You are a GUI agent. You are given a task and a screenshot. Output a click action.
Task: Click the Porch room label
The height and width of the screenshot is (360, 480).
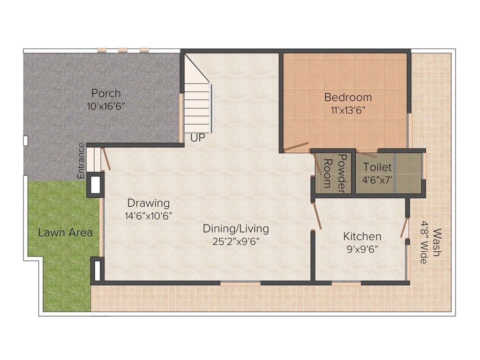[106, 93]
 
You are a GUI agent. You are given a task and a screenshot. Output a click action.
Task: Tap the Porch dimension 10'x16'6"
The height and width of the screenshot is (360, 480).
[106, 106]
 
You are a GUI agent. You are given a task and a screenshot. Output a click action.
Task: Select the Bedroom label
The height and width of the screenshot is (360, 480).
[348, 97]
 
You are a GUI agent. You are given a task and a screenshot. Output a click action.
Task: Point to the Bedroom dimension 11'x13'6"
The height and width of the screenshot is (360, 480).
[348, 111]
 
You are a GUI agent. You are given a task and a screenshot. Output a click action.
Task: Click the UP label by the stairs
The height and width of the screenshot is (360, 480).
[197, 138]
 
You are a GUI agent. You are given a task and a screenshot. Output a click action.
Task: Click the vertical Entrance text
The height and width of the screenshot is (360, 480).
[81, 160]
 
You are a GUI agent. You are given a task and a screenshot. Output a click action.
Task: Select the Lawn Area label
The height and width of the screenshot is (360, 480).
[65, 232]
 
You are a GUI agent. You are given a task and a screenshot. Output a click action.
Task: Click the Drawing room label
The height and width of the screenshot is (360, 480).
[149, 203]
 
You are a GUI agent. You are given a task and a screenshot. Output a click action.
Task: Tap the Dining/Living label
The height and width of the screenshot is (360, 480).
[236, 228]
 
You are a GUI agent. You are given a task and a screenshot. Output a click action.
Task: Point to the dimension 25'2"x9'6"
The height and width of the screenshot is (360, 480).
[236, 241]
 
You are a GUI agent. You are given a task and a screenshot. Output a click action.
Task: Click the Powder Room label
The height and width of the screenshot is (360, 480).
[336, 173]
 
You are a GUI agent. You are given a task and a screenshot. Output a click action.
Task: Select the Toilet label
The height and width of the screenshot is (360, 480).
[377, 167]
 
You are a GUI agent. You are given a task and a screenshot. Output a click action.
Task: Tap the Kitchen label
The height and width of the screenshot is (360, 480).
[362, 236]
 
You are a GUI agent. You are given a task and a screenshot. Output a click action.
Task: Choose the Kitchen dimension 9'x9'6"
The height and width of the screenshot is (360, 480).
[362, 249]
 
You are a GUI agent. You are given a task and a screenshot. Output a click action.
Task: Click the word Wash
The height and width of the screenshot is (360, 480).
[436, 242]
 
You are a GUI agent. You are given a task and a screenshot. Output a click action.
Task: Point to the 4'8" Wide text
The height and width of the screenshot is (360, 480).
[424, 242]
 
